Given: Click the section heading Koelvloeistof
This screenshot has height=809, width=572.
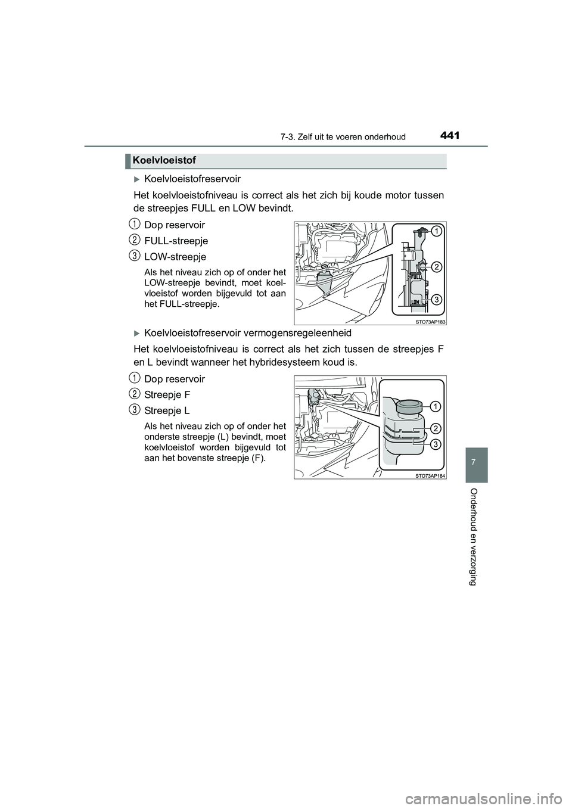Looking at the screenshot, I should click(x=164, y=160).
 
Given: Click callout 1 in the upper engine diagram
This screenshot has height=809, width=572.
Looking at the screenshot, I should click(x=436, y=231).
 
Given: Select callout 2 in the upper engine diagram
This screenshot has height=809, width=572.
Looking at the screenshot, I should click(x=436, y=266).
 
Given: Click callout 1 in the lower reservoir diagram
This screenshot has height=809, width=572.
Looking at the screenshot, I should click(x=436, y=406).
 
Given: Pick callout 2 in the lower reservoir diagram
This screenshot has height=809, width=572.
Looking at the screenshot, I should click(x=436, y=428).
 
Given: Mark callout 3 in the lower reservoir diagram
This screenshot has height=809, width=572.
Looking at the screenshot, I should click(x=436, y=444).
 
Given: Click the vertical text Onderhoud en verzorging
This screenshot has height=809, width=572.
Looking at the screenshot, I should click(x=473, y=537).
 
